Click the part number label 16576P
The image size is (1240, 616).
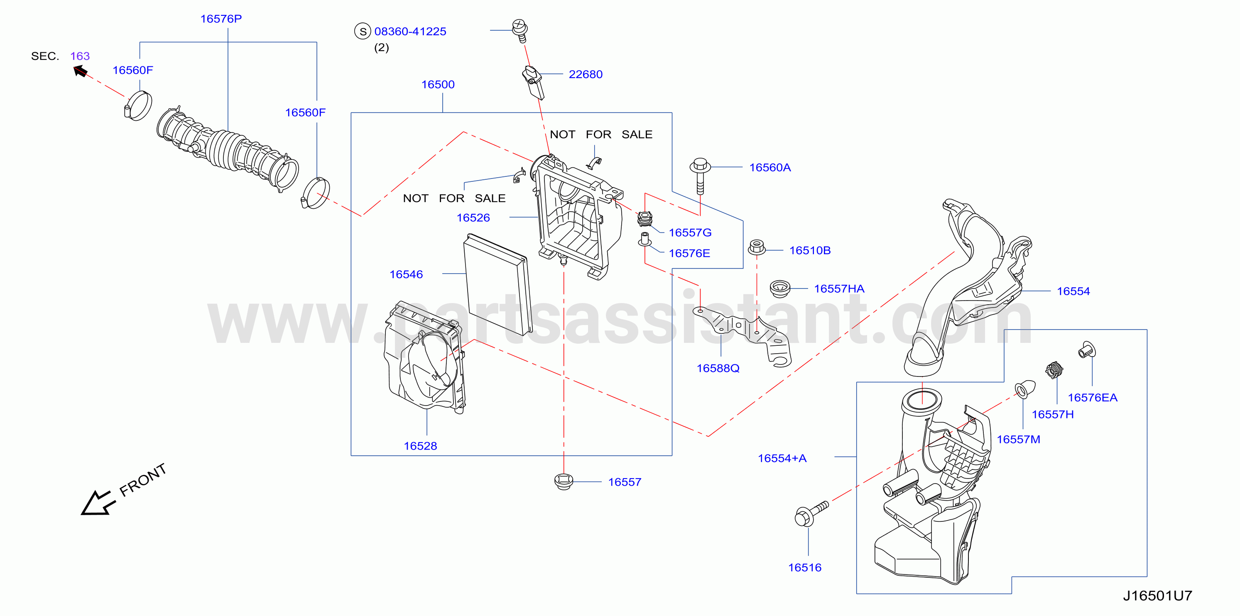[x=221, y=19]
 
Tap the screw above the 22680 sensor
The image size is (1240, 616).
[x=520, y=30]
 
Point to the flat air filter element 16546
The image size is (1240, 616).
[x=498, y=284]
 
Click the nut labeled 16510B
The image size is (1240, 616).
[x=757, y=247]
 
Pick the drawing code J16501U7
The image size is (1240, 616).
[x=1158, y=596]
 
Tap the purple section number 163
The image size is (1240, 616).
[x=80, y=56]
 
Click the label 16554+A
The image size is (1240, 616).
[x=782, y=458]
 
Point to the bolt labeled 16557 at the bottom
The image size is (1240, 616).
[x=563, y=481]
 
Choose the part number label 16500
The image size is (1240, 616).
[x=438, y=85]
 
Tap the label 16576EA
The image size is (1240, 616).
[x=1093, y=398]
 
